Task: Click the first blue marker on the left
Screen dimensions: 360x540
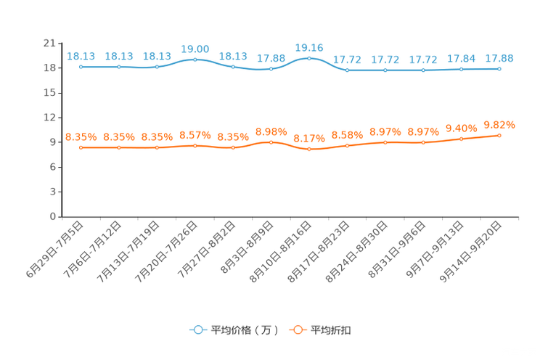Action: (x=81, y=67)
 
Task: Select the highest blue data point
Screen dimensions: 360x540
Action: (x=309, y=58)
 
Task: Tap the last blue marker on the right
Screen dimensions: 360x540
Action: (x=499, y=68)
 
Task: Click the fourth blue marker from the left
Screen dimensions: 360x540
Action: (x=195, y=60)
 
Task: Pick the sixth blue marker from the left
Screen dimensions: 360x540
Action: (x=271, y=69)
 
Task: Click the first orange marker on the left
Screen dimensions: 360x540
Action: (x=81, y=147)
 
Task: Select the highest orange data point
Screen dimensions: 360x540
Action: (x=499, y=135)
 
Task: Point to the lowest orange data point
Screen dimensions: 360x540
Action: (x=309, y=150)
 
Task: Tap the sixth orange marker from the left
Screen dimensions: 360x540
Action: (x=271, y=142)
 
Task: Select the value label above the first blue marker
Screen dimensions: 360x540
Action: (x=81, y=56)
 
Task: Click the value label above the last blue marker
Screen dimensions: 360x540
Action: (x=499, y=57)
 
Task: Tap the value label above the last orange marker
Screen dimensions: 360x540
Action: (x=499, y=125)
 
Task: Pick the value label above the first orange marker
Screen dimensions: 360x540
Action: (x=81, y=136)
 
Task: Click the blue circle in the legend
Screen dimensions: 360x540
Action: (x=197, y=330)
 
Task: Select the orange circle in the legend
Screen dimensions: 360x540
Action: (x=297, y=330)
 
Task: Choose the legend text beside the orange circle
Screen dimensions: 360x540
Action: (x=331, y=330)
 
